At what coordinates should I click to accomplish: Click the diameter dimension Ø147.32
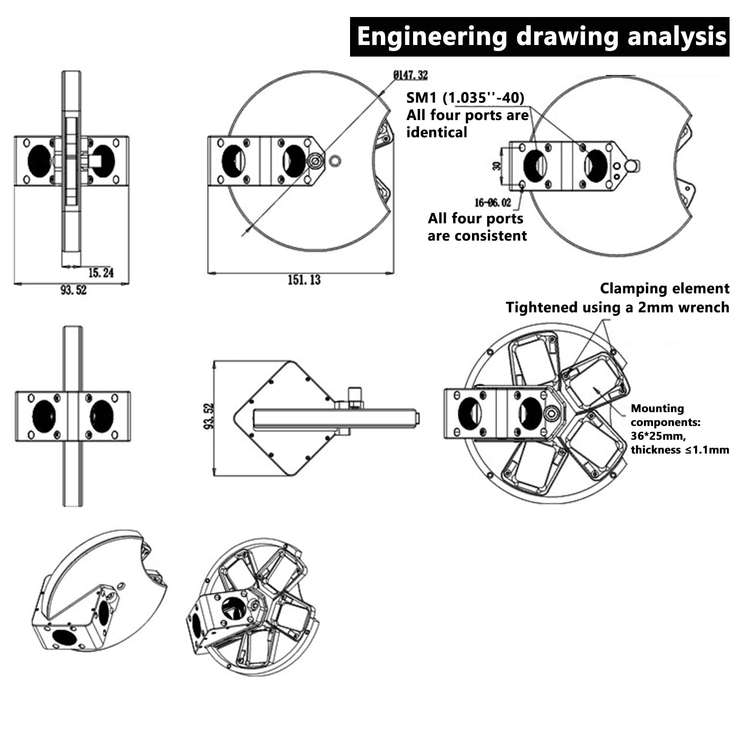click(x=410, y=75)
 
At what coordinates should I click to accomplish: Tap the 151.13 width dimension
click(x=304, y=280)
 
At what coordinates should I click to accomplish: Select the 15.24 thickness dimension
click(x=101, y=273)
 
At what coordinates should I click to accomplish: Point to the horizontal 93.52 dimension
click(x=74, y=290)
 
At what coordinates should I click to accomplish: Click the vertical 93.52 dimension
click(x=208, y=416)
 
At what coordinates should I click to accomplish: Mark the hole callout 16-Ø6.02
click(x=493, y=202)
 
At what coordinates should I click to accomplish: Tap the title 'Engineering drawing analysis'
click(x=541, y=36)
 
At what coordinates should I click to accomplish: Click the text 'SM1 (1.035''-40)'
click(x=465, y=98)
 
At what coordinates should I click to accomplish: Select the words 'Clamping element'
click(x=665, y=288)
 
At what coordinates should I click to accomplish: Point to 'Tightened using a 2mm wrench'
click(x=617, y=307)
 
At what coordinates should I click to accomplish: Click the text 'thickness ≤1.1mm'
click(x=680, y=449)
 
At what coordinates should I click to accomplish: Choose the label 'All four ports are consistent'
click(x=477, y=227)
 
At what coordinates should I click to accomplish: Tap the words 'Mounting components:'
click(x=665, y=415)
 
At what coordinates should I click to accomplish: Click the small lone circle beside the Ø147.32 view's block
click(x=335, y=161)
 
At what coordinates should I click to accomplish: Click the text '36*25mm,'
click(x=658, y=436)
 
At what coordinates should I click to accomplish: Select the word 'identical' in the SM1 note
click(x=437, y=132)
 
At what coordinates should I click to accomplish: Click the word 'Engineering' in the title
click(x=432, y=37)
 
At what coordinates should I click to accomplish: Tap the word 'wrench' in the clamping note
click(x=703, y=308)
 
